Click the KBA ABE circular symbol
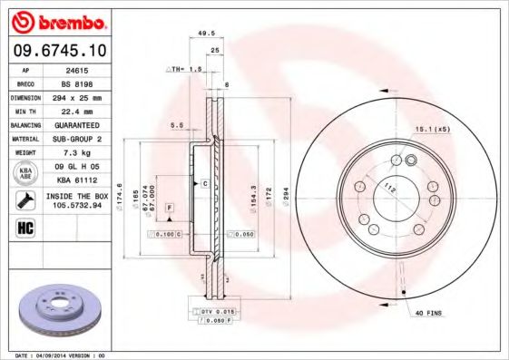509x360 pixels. click(x=24, y=173)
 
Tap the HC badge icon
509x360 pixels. click(x=24, y=227)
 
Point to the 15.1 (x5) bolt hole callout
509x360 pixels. click(x=434, y=130)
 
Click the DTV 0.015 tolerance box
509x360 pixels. click(x=207, y=311)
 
